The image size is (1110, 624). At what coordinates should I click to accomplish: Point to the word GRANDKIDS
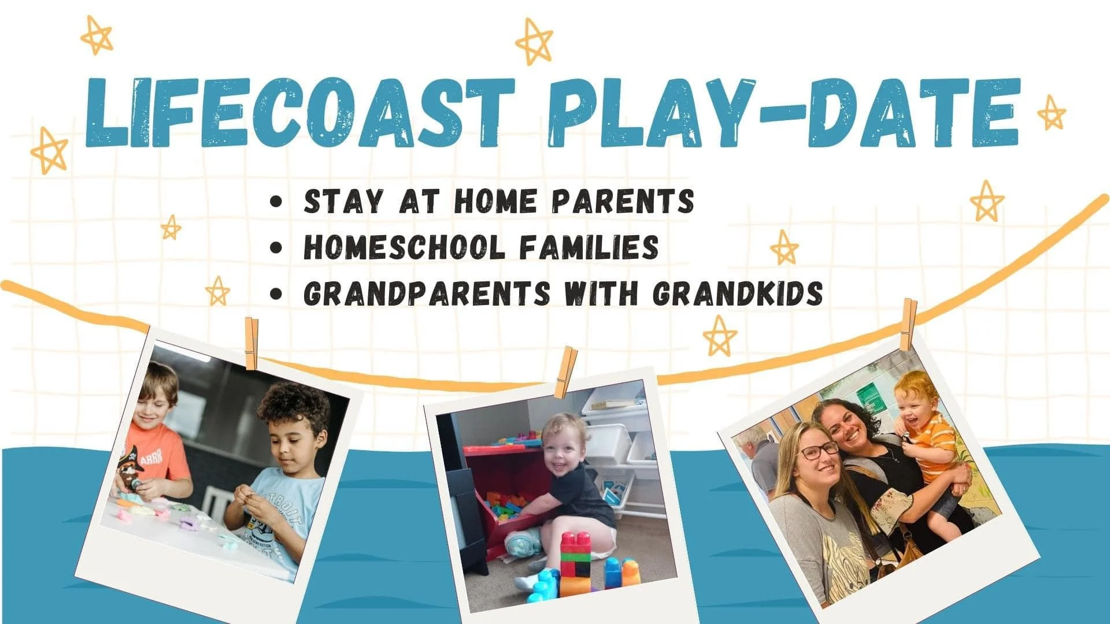(738, 293)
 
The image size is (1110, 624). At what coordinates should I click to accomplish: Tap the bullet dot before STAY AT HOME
(276, 202)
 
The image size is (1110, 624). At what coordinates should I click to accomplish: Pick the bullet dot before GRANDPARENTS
(276, 294)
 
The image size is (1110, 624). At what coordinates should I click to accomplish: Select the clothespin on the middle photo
(566, 372)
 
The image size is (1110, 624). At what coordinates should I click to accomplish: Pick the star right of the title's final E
(1051, 113)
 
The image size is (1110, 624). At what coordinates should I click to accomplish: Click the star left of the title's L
(49, 150)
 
